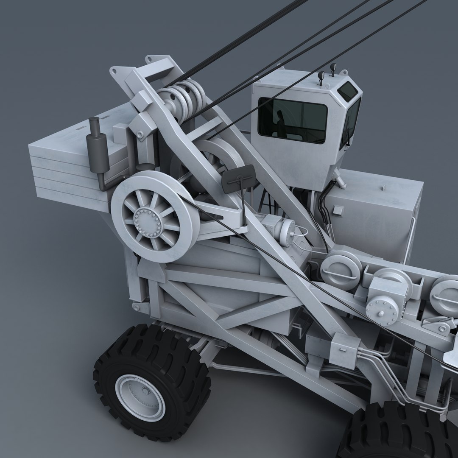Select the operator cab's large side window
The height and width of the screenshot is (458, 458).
point(292,120)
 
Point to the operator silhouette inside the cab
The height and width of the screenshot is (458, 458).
point(280,123)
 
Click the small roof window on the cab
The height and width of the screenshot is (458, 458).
point(347,91)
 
